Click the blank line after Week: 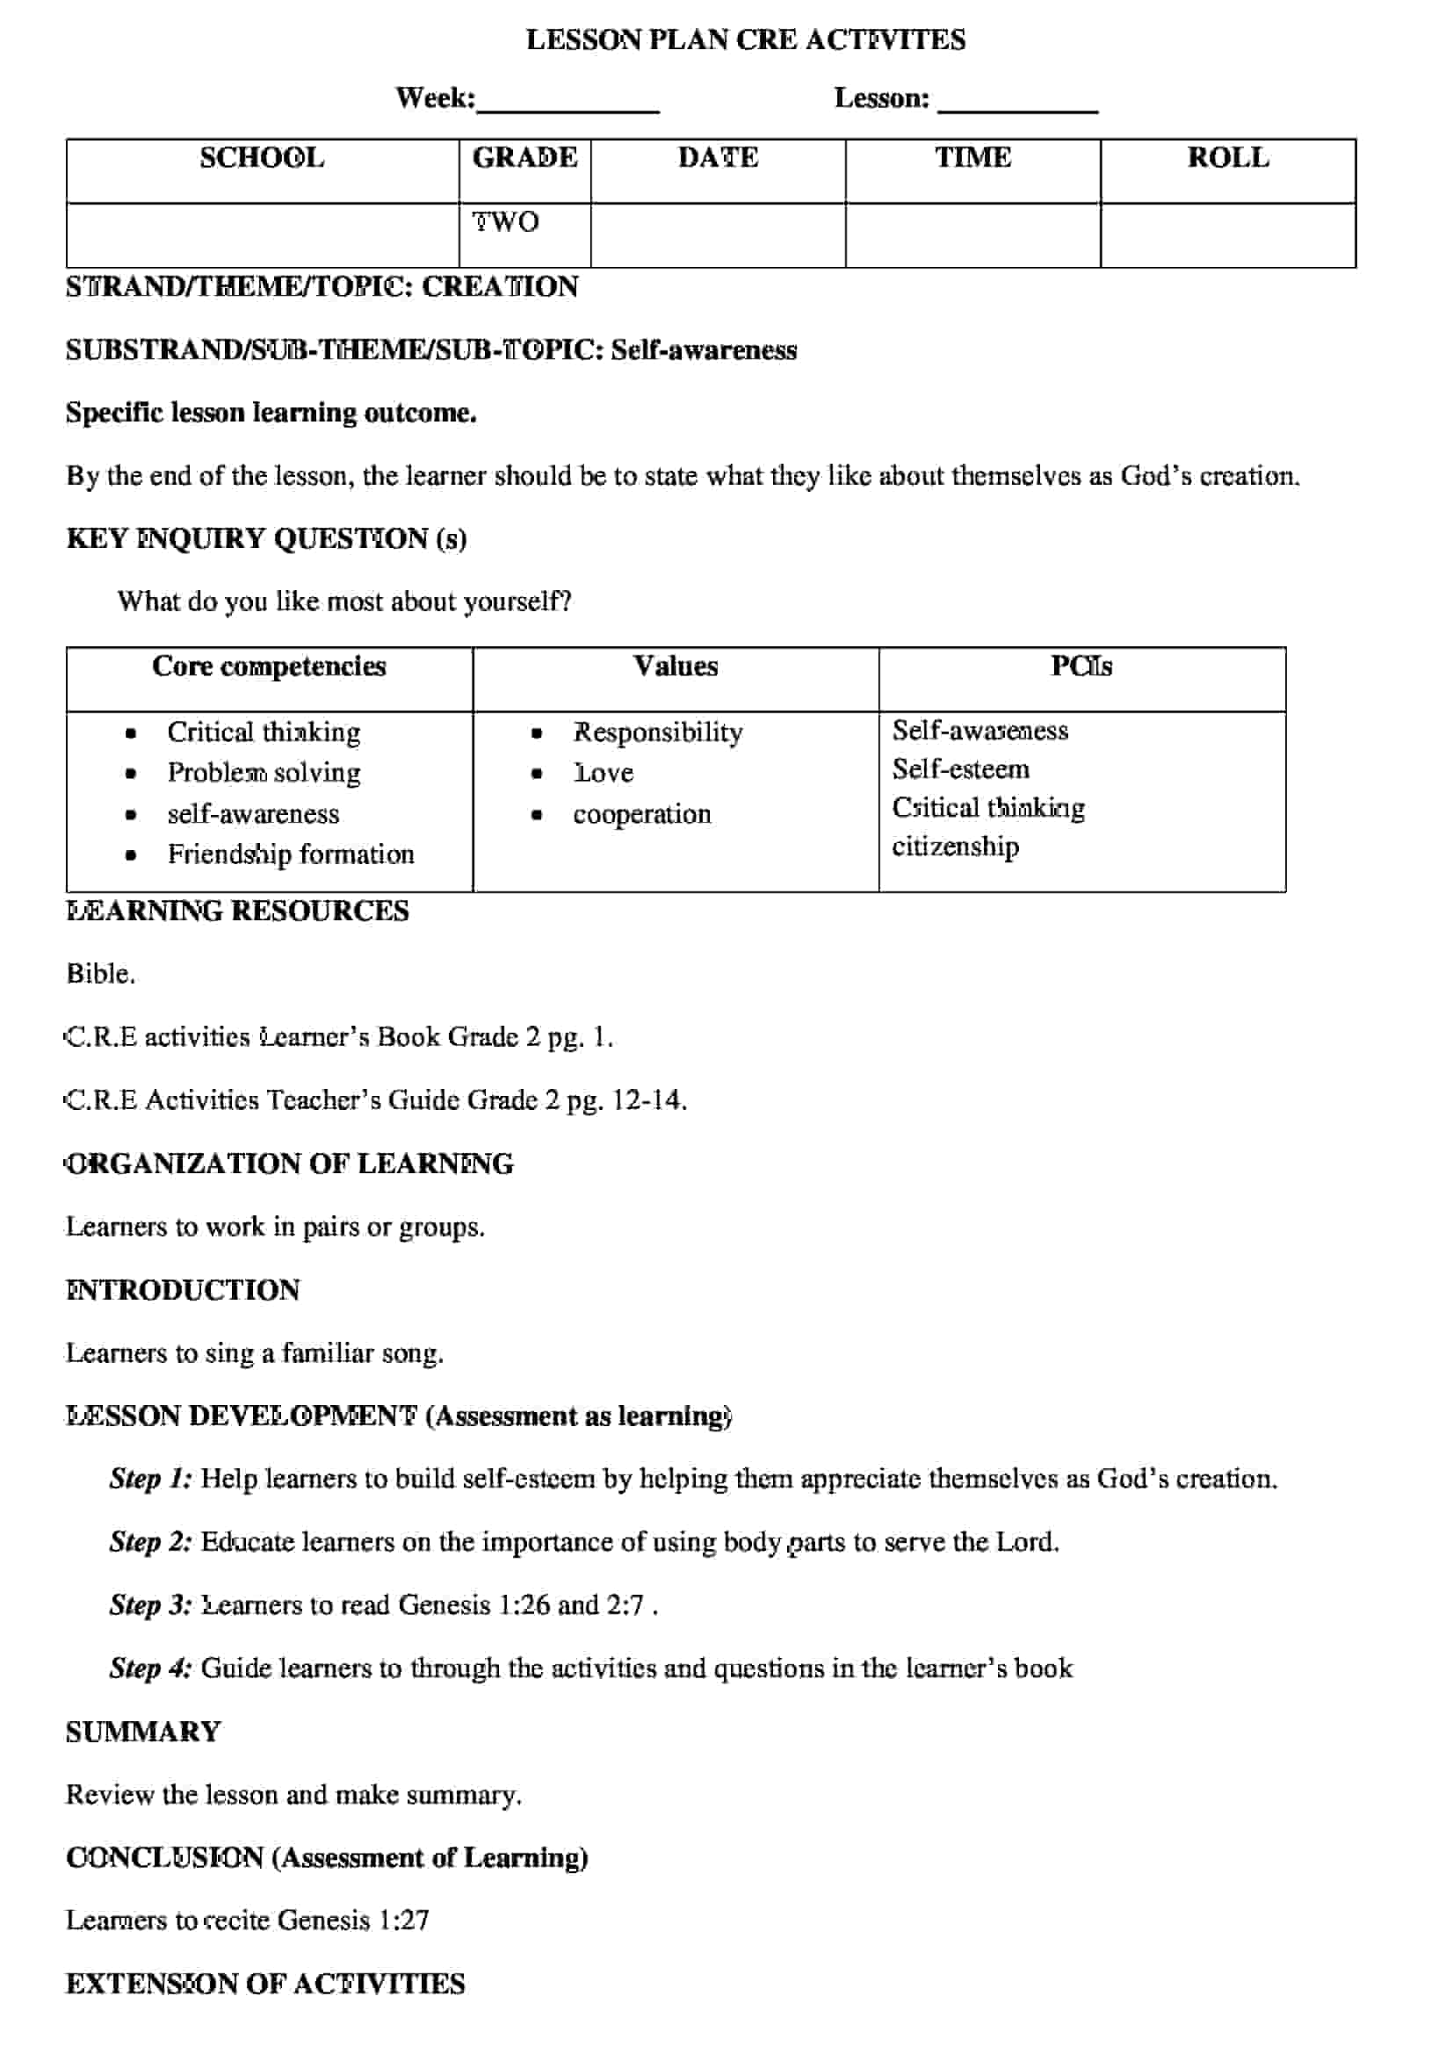pos(568,103)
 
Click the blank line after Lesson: pos(1017,103)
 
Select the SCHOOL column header pos(261,158)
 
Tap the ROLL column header pos(1227,158)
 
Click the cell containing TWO pos(506,222)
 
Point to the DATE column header pos(718,158)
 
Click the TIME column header pos(972,158)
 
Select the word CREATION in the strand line pos(499,287)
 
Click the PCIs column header pos(1081,667)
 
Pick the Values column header pos(676,667)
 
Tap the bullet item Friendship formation pos(291,854)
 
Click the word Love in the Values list pos(604,773)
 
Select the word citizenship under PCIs pos(955,847)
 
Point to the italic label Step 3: pos(150,1606)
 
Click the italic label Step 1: pos(150,1480)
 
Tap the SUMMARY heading pos(143,1733)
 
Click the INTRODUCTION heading pos(184,1291)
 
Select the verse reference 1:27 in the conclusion pos(403,1921)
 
